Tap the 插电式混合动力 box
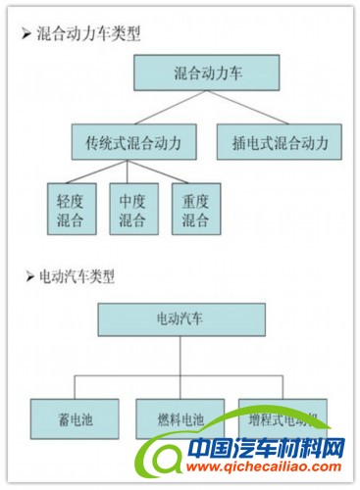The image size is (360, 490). coord(279,141)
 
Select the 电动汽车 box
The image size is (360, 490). coord(180,318)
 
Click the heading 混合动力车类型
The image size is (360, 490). coord(88,34)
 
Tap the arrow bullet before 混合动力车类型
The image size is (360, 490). coord(26,34)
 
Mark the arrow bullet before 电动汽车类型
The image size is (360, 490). coord(26,276)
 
